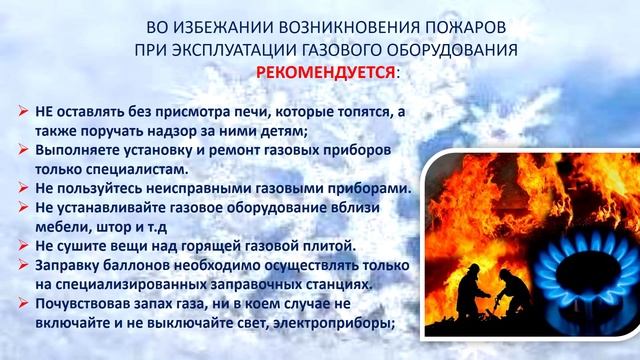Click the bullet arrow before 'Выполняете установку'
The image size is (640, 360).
pos(26,149)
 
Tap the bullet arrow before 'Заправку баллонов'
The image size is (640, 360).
pos(26,263)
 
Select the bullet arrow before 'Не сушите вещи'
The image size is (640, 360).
pos(26,244)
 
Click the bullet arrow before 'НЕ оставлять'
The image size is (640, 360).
pos(26,111)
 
